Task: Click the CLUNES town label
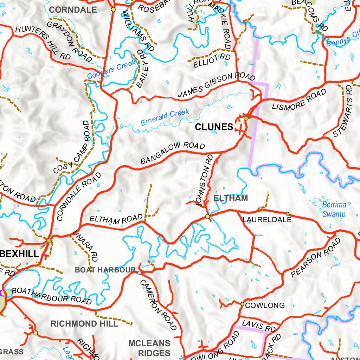coord(214,127)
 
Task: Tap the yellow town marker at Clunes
coord(246,118)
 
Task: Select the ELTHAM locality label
coord(231,198)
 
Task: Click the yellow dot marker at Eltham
coord(207,216)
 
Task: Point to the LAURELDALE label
coord(267,220)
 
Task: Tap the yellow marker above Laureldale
coord(288,214)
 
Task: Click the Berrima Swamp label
coord(334,210)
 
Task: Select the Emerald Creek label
coord(165,118)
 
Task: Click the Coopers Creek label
coord(111,70)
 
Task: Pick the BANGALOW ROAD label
coord(173,153)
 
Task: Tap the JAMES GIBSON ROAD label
coord(216,85)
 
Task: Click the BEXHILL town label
coord(19,254)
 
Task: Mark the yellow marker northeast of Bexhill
coord(49,240)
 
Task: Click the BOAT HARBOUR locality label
coord(105,270)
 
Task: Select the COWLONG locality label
coord(265,305)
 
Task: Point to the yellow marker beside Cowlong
coord(242,304)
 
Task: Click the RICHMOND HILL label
coord(84,324)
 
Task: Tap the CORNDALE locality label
coord(73,10)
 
